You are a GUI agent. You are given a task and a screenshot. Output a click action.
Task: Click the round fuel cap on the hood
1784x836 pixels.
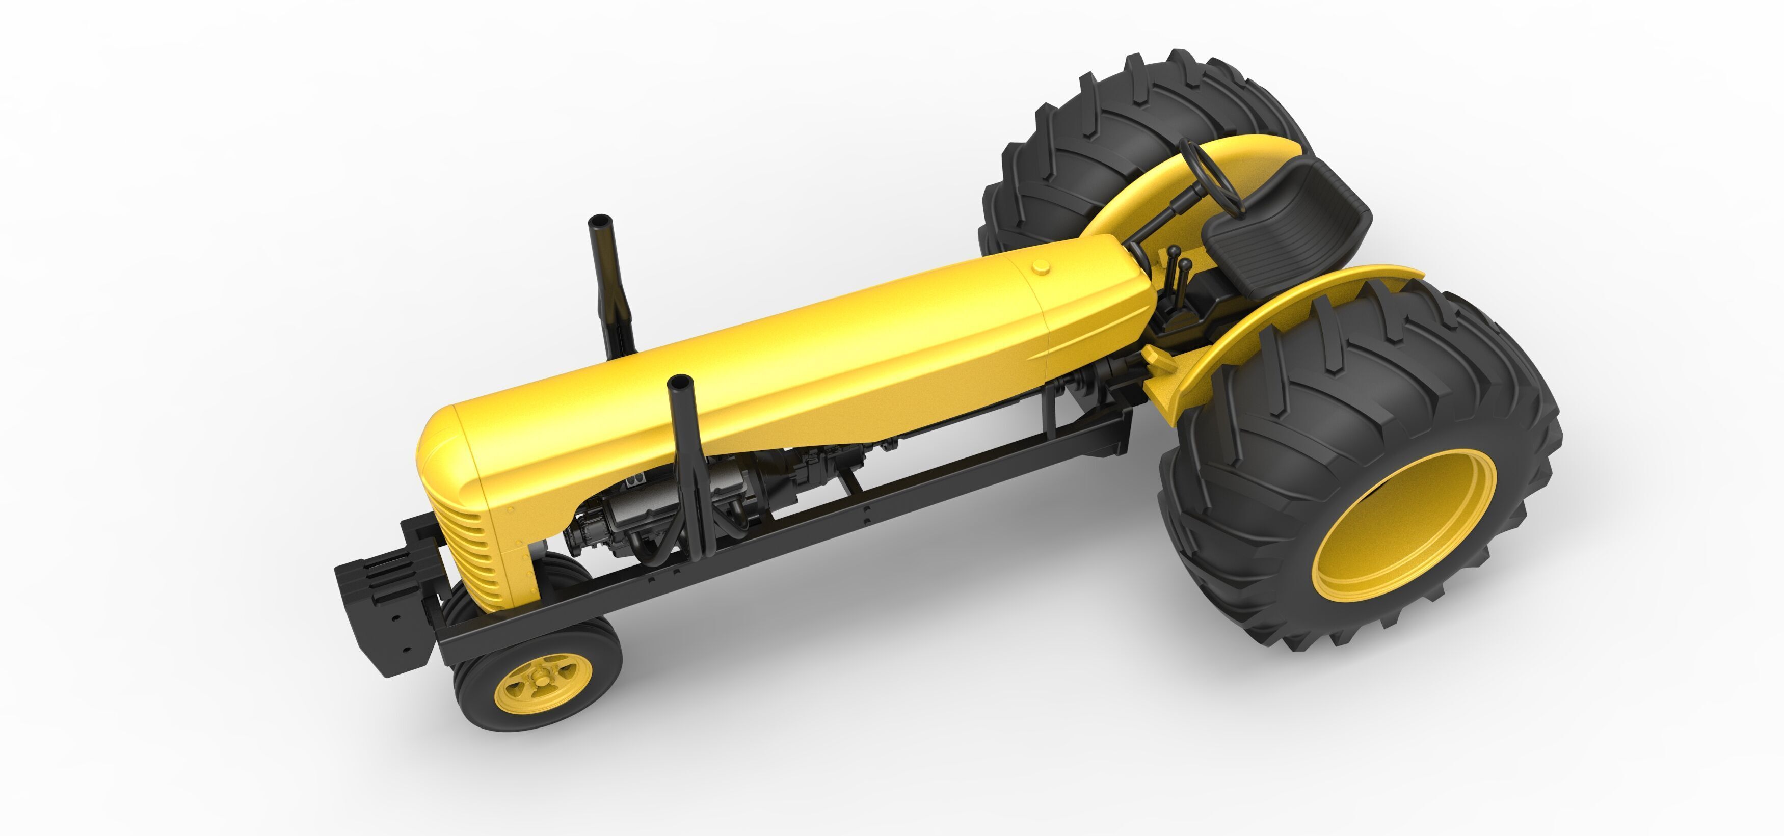point(1040,266)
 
